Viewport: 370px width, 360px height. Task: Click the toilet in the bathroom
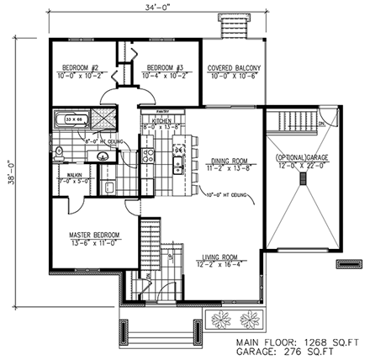pyautogui.click(x=61, y=152)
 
